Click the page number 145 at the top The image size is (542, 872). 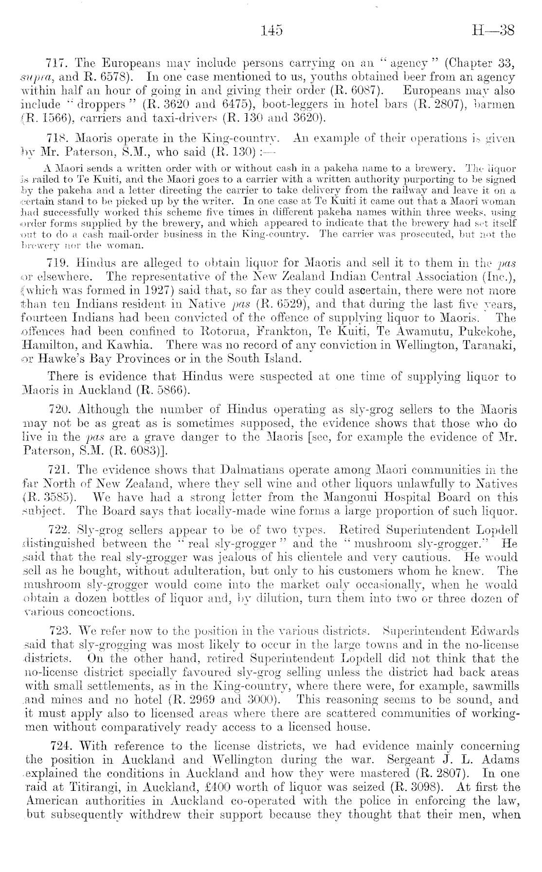tap(271, 31)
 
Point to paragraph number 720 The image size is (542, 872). tap(60, 410)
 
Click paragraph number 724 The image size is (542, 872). tap(60, 746)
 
